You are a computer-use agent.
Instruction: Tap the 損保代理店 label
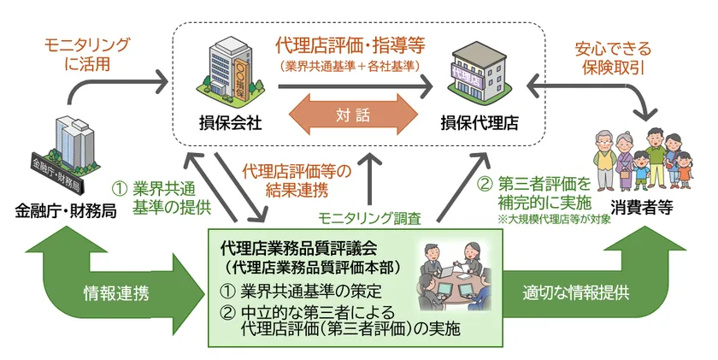pyautogui.click(x=479, y=122)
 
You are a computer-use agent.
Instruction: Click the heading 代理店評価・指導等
pyautogui.click(x=350, y=43)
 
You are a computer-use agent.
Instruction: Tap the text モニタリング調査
pyautogui.click(x=368, y=217)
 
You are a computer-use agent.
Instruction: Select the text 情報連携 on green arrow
pyautogui.click(x=117, y=292)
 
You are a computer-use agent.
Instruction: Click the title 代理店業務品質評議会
pyautogui.click(x=299, y=248)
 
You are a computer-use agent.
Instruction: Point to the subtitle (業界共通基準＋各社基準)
pyautogui.click(x=350, y=64)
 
